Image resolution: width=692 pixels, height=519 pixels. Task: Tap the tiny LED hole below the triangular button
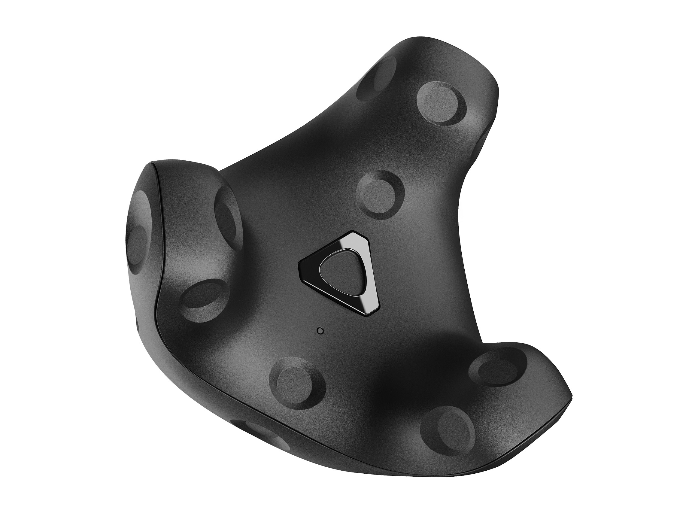320,331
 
